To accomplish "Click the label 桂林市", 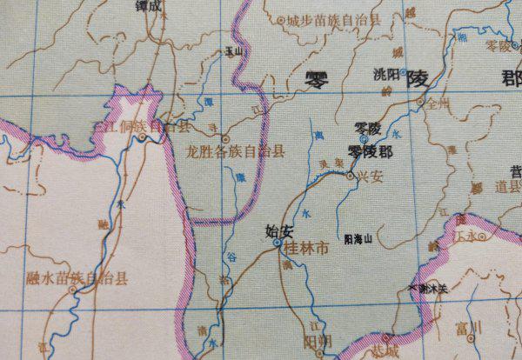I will pyautogui.click(x=309, y=248).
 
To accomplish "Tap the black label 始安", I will pyautogui.click(x=280, y=231).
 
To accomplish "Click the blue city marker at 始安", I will pyautogui.click(x=278, y=243).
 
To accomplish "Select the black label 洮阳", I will pyautogui.click(x=384, y=75).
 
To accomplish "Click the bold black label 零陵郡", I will pyautogui.click(x=370, y=151).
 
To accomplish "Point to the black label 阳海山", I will pyautogui.click(x=358, y=237).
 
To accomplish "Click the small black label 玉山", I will pyautogui.click(x=231, y=52).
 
